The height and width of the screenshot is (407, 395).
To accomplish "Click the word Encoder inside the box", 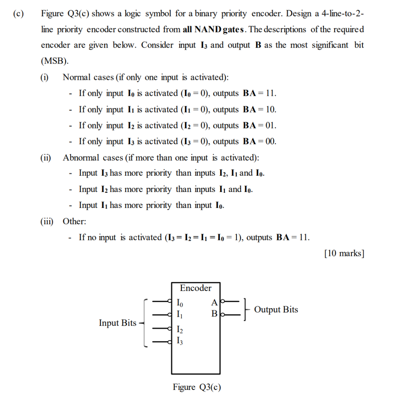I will click(196, 288).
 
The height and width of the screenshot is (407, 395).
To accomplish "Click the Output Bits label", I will click(276, 310).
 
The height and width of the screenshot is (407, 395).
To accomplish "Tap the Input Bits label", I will click(118, 323).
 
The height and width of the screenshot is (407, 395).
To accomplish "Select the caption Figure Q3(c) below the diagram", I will click(197, 387).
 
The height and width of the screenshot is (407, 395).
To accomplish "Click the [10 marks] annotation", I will click(344, 253).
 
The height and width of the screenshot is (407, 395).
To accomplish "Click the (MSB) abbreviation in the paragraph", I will click(55, 61).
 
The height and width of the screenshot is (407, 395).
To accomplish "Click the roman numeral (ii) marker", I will click(46, 158).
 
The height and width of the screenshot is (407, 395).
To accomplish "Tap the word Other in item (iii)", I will click(74, 221).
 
